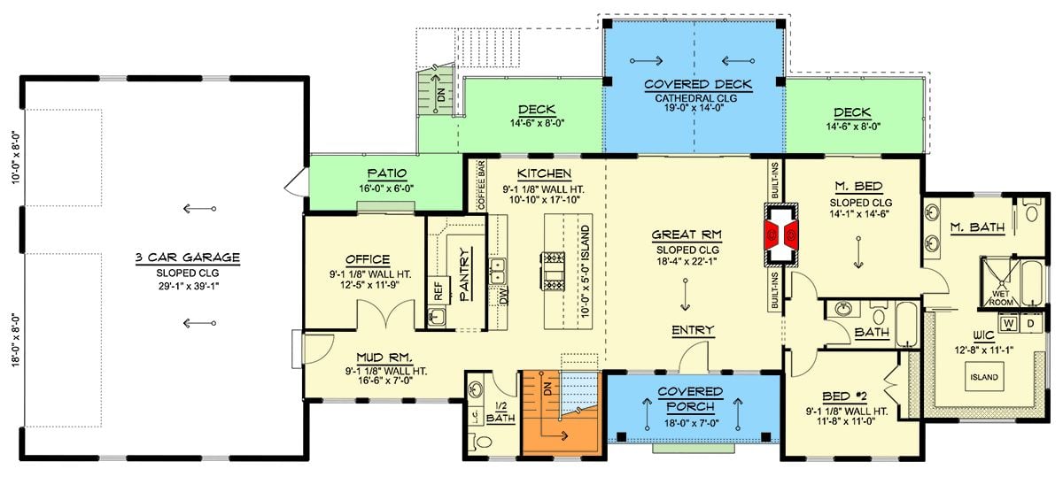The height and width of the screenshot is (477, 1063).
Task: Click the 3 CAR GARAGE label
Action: [187, 258]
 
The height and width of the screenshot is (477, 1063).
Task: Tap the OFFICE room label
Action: [368, 259]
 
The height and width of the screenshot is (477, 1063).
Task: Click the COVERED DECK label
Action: [697, 85]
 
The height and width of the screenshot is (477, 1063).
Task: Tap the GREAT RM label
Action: [687, 235]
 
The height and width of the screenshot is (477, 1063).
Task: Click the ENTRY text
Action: [692, 330]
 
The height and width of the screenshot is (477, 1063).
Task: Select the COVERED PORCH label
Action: [690, 399]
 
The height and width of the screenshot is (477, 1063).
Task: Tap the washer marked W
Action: [1008, 324]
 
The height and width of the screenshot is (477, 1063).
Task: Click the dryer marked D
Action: [1029, 324]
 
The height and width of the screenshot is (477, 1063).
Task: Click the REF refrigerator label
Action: [438, 288]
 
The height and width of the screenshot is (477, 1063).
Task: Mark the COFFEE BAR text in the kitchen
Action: [481, 185]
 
